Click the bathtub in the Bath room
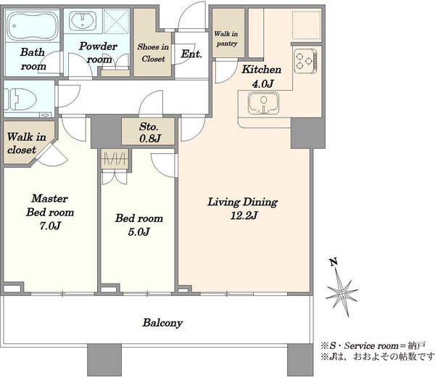tap(33, 25)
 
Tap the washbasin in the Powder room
tap(83, 20)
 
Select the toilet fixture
tap(20, 99)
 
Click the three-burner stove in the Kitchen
tap(305, 61)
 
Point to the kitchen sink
tap(263, 104)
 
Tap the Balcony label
tap(162, 323)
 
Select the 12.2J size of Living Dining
tap(244, 215)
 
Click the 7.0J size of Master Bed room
tap(50, 226)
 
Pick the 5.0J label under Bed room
tap(139, 231)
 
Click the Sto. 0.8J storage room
tap(149, 131)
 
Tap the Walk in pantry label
tap(226, 38)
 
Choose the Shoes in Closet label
tap(153, 53)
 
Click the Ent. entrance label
tap(191, 54)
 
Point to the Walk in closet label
tap(26, 144)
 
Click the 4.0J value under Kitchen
tap(262, 83)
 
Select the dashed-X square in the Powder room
tap(117, 21)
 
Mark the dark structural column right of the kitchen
tap(307, 133)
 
